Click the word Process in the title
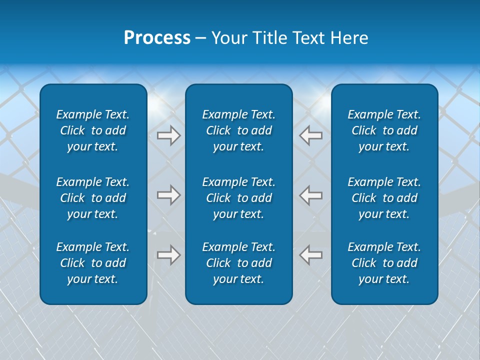click(157, 38)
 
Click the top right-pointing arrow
click(168, 135)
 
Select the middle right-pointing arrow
click(168, 194)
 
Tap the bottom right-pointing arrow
click(168, 254)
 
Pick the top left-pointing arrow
click(311, 135)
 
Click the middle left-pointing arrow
click(311, 194)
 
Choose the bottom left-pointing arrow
click(311, 254)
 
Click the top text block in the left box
click(93, 130)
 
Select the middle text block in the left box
click(93, 198)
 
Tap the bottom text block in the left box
click(93, 263)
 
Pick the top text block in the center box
click(239, 130)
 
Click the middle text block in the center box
click(239, 198)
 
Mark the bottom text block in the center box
click(239, 263)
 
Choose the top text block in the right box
click(384, 130)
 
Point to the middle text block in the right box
click(384, 198)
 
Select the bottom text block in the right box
click(384, 263)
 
